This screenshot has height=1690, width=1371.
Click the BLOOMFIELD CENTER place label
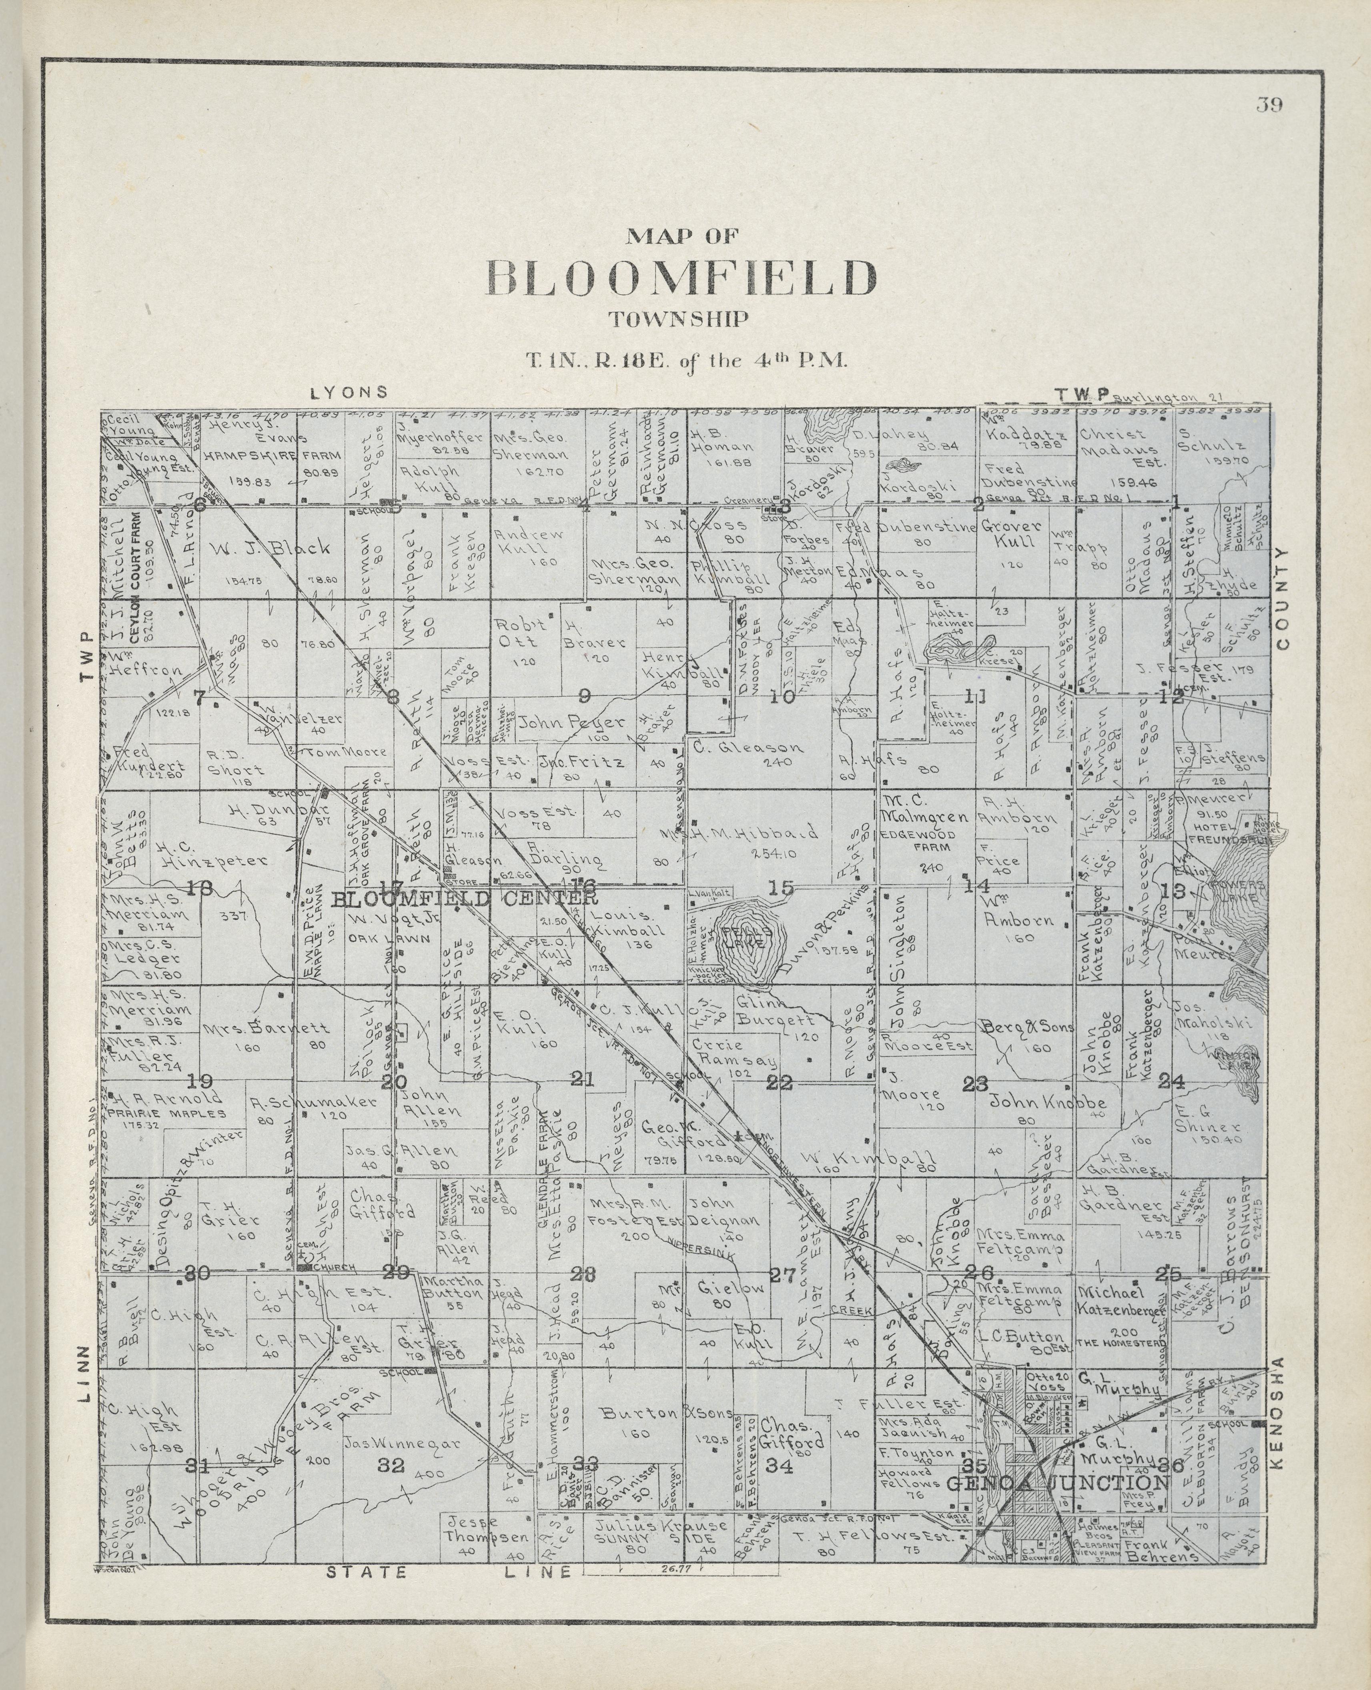(464, 899)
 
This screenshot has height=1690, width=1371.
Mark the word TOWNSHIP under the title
(677, 320)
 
